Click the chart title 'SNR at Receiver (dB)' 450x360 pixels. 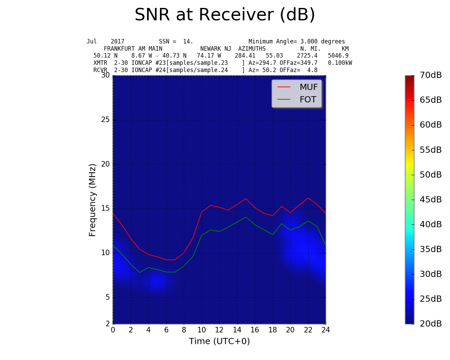225,15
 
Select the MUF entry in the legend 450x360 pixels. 308,87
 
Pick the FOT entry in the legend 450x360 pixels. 308,100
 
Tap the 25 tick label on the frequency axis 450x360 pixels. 105,120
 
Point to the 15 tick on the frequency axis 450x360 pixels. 105,209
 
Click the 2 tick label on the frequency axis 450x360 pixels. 107,323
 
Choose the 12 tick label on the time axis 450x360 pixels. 219,330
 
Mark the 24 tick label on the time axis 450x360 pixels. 326,330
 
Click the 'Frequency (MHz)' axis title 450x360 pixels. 92,200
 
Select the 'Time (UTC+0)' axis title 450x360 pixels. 219,341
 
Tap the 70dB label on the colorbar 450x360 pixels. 430,75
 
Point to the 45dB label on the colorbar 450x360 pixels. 430,200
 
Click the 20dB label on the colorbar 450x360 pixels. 430,324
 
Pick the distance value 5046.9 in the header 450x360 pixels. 338,56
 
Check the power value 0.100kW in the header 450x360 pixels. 340,63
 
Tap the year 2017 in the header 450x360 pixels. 117,41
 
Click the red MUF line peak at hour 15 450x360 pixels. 246,199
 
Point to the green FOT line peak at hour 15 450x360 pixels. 246,217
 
